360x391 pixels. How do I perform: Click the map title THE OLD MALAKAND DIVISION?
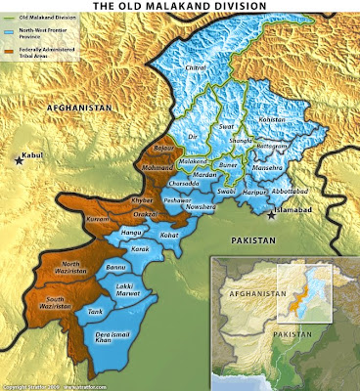coord(180,7)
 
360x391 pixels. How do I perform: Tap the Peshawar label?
coord(178,199)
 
